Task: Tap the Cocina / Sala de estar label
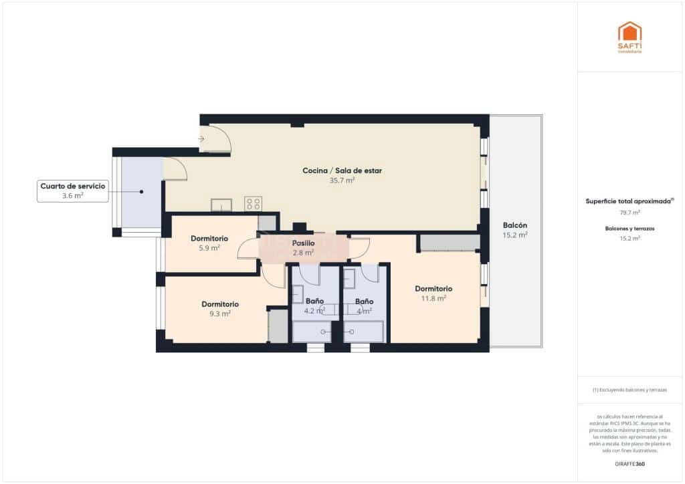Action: pyautogui.click(x=342, y=171)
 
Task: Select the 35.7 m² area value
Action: pyautogui.click(x=342, y=180)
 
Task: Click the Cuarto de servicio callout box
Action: pyautogui.click(x=73, y=191)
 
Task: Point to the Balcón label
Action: pyautogui.click(x=515, y=225)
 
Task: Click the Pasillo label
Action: pyautogui.click(x=303, y=243)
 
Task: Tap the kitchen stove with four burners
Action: pyautogui.click(x=253, y=203)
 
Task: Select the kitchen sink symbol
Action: pyautogui.click(x=221, y=205)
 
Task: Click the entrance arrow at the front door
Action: pyautogui.click(x=202, y=139)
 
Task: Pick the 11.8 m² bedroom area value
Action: pyautogui.click(x=433, y=298)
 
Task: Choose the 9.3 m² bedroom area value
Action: pyautogui.click(x=219, y=314)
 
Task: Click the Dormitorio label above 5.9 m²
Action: pyautogui.click(x=209, y=238)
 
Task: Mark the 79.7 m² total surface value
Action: pyautogui.click(x=629, y=212)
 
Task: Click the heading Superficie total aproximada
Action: pyautogui.click(x=629, y=201)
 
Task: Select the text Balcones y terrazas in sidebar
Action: pyautogui.click(x=629, y=229)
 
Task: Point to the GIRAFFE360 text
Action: pyautogui.click(x=629, y=463)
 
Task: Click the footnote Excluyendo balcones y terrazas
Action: pyautogui.click(x=629, y=390)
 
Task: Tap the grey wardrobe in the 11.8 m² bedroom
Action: pyautogui.click(x=449, y=243)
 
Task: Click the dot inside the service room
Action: pyautogui.click(x=142, y=192)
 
